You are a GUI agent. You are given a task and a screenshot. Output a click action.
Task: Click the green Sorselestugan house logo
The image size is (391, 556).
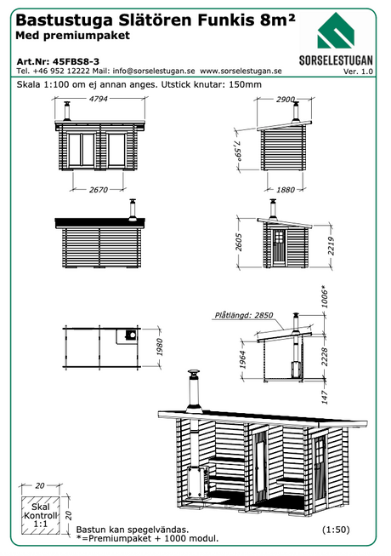[x=336, y=31]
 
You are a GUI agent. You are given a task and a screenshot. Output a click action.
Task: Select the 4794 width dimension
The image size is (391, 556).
[x=98, y=99]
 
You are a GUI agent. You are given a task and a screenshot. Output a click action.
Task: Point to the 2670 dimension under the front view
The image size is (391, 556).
[x=98, y=190]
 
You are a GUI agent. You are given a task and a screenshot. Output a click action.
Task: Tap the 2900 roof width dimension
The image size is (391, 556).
[x=286, y=100]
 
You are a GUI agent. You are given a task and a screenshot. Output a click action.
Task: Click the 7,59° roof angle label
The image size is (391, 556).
[x=239, y=151]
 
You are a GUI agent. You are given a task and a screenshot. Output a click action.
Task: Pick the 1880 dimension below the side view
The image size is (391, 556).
[x=286, y=190]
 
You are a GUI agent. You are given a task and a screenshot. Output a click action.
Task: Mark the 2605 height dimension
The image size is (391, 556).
[x=239, y=242]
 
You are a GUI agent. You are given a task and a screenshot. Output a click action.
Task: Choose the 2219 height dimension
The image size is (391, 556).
[x=331, y=245]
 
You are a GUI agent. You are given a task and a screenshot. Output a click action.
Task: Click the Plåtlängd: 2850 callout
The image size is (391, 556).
[x=244, y=315]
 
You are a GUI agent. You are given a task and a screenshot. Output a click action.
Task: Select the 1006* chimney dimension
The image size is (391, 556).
[x=325, y=296]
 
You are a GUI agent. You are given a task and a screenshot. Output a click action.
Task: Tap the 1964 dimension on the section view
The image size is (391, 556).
[x=243, y=359]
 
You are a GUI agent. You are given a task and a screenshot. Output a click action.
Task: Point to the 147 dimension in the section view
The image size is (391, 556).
[x=325, y=397]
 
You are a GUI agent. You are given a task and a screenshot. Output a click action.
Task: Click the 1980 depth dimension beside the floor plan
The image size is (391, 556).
[x=160, y=347]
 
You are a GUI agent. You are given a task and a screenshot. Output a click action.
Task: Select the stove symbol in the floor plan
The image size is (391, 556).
[x=131, y=335]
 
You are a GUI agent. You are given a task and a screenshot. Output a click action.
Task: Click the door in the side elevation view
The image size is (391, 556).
[x=279, y=247]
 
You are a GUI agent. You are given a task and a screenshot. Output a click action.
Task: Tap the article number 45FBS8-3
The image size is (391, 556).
[x=76, y=61]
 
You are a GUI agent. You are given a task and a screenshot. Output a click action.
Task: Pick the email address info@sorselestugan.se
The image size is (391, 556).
[x=154, y=71]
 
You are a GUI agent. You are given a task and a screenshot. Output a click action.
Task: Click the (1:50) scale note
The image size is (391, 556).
[x=336, y=530]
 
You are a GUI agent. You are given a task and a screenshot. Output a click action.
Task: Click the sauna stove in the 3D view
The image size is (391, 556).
[x=196, y=482]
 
